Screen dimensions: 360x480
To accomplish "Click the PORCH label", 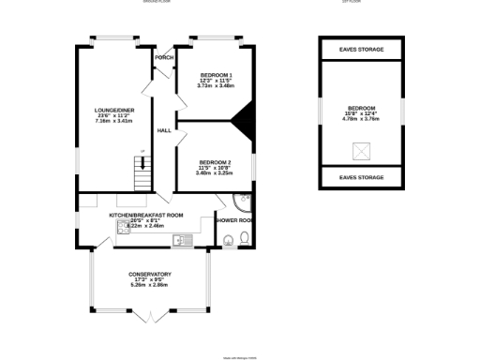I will tap(164, 57).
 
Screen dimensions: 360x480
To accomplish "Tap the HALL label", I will tap(163, 130).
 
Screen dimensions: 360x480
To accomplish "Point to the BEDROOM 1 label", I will tap(217, 74).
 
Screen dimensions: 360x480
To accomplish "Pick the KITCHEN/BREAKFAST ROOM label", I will tap(145, 216).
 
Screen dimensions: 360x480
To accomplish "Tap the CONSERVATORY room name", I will tap(150, 274).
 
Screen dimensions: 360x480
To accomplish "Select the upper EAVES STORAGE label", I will tap(361, 49).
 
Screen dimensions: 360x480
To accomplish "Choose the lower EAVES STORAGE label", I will tap(361, 176).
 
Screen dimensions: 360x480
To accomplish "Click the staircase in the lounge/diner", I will tap(141, 172).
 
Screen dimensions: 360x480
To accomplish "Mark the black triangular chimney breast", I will tap(245, 118).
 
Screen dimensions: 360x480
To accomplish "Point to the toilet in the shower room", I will tap(243, 238).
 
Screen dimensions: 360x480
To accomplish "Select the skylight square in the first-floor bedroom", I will tap(361, 151).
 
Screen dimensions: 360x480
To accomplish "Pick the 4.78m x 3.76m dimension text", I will tap(361, 119).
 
